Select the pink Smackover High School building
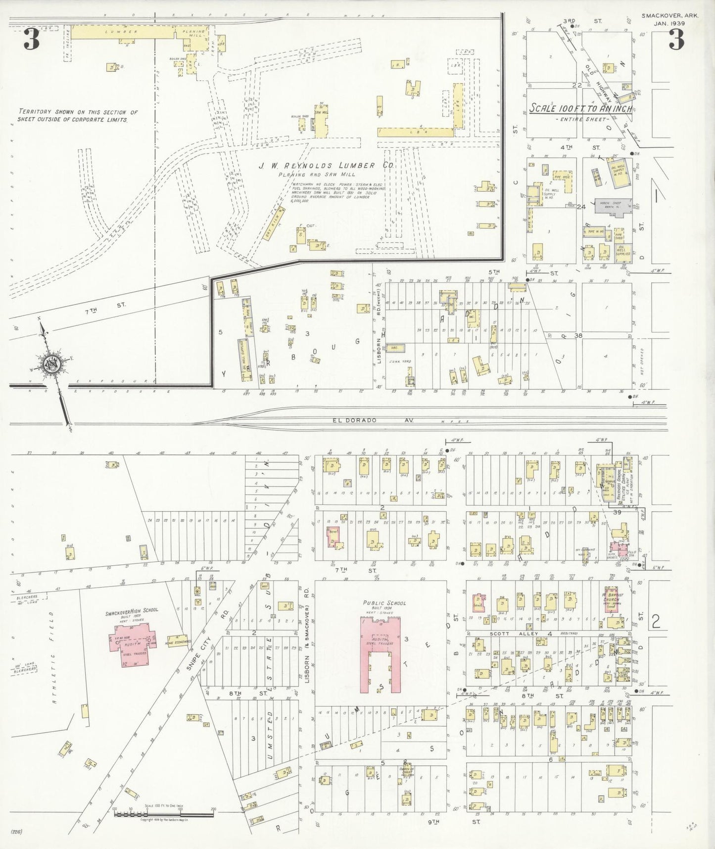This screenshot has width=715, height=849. (132, 638)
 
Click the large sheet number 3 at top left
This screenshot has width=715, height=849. (31, 41)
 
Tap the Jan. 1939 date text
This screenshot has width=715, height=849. (669, 23)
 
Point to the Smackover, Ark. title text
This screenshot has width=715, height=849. (669, 16)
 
